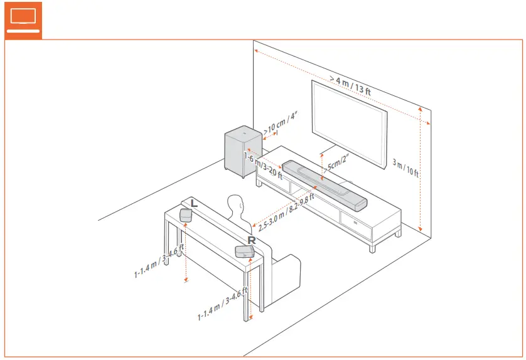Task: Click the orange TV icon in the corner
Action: point(23,19)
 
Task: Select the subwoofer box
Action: point(242,152)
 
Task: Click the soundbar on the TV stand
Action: point(323,186)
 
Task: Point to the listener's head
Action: point(235,206)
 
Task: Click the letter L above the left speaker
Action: point(194,203)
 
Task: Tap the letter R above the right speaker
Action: point(251,240)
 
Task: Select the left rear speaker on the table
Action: point(186,214)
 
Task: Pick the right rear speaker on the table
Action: point(244,251)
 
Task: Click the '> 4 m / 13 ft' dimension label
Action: point(350,85)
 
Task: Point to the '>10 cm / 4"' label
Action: point(280,124)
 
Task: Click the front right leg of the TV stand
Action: point(372,246)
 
